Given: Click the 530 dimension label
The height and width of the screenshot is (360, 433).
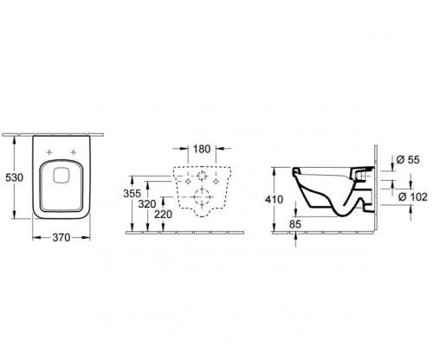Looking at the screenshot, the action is click(15, 177).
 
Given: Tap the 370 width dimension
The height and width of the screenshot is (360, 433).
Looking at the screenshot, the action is click(61, 238).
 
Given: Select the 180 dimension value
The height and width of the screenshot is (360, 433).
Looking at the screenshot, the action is click(202, 149).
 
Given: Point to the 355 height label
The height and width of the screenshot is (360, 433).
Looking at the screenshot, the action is click(132, 193).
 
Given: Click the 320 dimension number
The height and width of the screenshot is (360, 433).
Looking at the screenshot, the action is click(147, 204).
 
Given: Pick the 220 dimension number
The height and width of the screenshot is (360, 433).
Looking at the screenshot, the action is click(163, 215).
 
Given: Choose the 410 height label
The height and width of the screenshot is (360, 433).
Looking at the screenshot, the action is click(274, 199).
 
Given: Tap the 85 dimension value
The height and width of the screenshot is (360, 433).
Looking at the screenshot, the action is click(295, 224).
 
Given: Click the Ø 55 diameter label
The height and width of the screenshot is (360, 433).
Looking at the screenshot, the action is click(408, 159).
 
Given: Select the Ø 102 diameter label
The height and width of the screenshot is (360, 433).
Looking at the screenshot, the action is click(413, 196).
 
